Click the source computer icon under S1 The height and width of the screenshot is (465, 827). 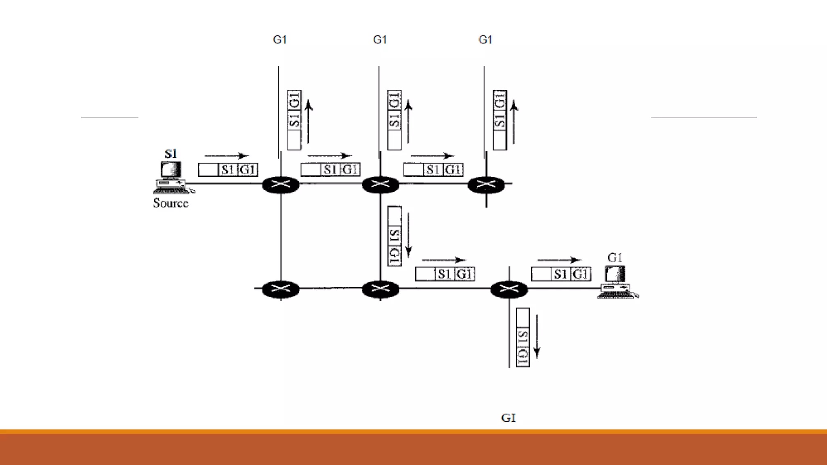coord(172,178)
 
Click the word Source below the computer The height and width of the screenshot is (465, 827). coord(171,203)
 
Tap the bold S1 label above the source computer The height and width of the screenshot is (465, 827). coord(170,154)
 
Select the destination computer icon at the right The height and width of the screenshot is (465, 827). coord(616,282)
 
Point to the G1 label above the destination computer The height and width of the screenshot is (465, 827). coord(615,258)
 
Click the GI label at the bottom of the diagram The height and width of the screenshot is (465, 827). coord(508,418)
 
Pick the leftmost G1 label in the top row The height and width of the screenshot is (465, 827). coord(280,40)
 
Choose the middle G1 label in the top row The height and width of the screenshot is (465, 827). coord(380,40)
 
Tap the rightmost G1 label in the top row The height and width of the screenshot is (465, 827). coord(485,40)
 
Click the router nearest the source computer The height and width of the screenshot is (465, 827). coord(281,185)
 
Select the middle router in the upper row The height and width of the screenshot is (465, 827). coord(380,185)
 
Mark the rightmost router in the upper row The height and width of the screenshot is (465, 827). coord(486,185)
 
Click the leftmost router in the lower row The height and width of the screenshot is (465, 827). coord(281,289)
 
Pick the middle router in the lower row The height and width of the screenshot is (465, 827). coord(380,289)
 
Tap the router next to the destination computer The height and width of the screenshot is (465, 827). coord(509,289)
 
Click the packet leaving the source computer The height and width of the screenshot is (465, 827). coord(228,170)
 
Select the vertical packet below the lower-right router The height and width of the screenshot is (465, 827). coord(523,337)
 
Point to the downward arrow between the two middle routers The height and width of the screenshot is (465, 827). coord(409,235)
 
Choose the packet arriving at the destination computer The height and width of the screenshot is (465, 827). coord(561,274)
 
